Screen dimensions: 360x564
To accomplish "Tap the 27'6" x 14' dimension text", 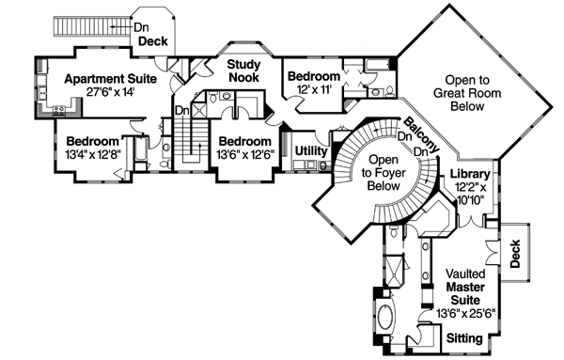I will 99,93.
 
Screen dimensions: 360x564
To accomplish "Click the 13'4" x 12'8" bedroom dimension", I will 92,152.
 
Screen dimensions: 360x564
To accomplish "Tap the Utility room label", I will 310,151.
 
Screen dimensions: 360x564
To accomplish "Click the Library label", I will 468,175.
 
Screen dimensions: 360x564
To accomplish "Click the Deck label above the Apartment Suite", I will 152,42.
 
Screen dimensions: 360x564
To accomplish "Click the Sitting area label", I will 465,337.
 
